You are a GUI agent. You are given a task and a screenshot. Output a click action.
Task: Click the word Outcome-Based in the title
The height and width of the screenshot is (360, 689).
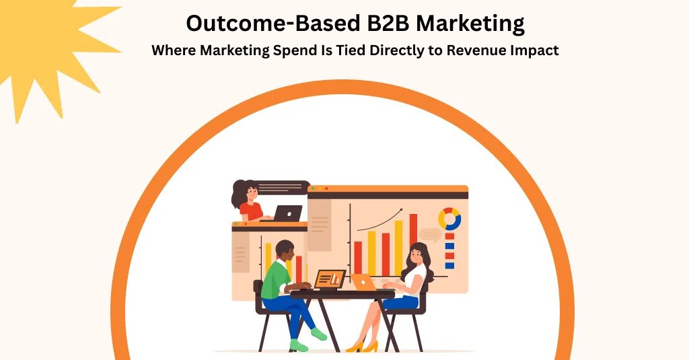(x=273, y=24)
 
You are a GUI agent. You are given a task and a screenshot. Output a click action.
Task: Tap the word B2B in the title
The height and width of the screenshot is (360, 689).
(x=388, y=24)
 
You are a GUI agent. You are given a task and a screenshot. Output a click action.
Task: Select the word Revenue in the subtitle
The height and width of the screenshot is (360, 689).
(x=476, y=50)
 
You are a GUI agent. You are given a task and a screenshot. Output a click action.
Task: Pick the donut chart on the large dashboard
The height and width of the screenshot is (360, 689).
(x=449, y=219)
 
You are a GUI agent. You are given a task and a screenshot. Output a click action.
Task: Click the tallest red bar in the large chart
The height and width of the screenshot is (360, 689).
(x=414, y=244)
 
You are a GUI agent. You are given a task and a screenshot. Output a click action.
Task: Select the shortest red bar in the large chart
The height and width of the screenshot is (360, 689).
(x=358, y=258)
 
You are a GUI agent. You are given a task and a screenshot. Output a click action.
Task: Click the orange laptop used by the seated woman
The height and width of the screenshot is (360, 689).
(x=363, y=283)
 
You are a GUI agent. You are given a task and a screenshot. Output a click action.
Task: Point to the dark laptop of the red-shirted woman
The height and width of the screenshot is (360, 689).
(x=287, y=213)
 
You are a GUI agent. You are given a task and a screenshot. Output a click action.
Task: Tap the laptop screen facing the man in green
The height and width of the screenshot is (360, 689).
(x=330, y=279)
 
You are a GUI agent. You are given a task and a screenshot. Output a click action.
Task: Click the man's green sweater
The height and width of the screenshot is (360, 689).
(x=276, y=279)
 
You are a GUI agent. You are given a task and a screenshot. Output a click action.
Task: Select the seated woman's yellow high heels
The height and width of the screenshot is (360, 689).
(x=363, y=347)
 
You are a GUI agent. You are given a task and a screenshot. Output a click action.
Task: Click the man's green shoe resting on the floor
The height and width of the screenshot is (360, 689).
(x=299, y=347)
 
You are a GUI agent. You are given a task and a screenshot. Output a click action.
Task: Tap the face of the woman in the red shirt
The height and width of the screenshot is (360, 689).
(x=252, y=193)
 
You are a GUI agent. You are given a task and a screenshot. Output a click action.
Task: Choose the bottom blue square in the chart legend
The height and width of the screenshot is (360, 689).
(x=449, y=266)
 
